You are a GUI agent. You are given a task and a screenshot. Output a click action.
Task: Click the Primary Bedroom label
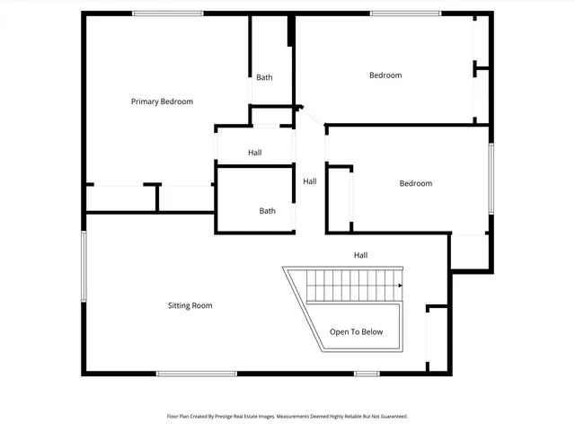(162, 101)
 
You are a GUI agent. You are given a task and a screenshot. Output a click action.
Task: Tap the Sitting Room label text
(190, 305)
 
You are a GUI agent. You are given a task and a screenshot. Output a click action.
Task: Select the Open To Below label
(356, 331)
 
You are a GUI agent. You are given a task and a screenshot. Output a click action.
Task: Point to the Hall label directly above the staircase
(360, 255)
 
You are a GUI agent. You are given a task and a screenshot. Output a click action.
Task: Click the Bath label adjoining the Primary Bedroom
(264, 77)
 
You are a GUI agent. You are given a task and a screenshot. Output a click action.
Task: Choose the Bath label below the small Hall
(268, 211)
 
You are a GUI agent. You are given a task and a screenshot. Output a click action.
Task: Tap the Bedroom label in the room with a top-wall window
(385, 75)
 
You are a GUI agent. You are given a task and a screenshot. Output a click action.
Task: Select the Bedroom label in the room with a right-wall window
(415, 183)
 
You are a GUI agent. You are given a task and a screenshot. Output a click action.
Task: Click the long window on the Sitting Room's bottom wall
(196, 374)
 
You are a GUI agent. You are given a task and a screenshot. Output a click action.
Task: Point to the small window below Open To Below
(366, 374)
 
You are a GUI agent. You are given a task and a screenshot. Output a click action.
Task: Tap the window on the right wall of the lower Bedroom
(491, 179)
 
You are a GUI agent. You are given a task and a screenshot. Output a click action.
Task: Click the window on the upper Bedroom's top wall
(405, 13)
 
